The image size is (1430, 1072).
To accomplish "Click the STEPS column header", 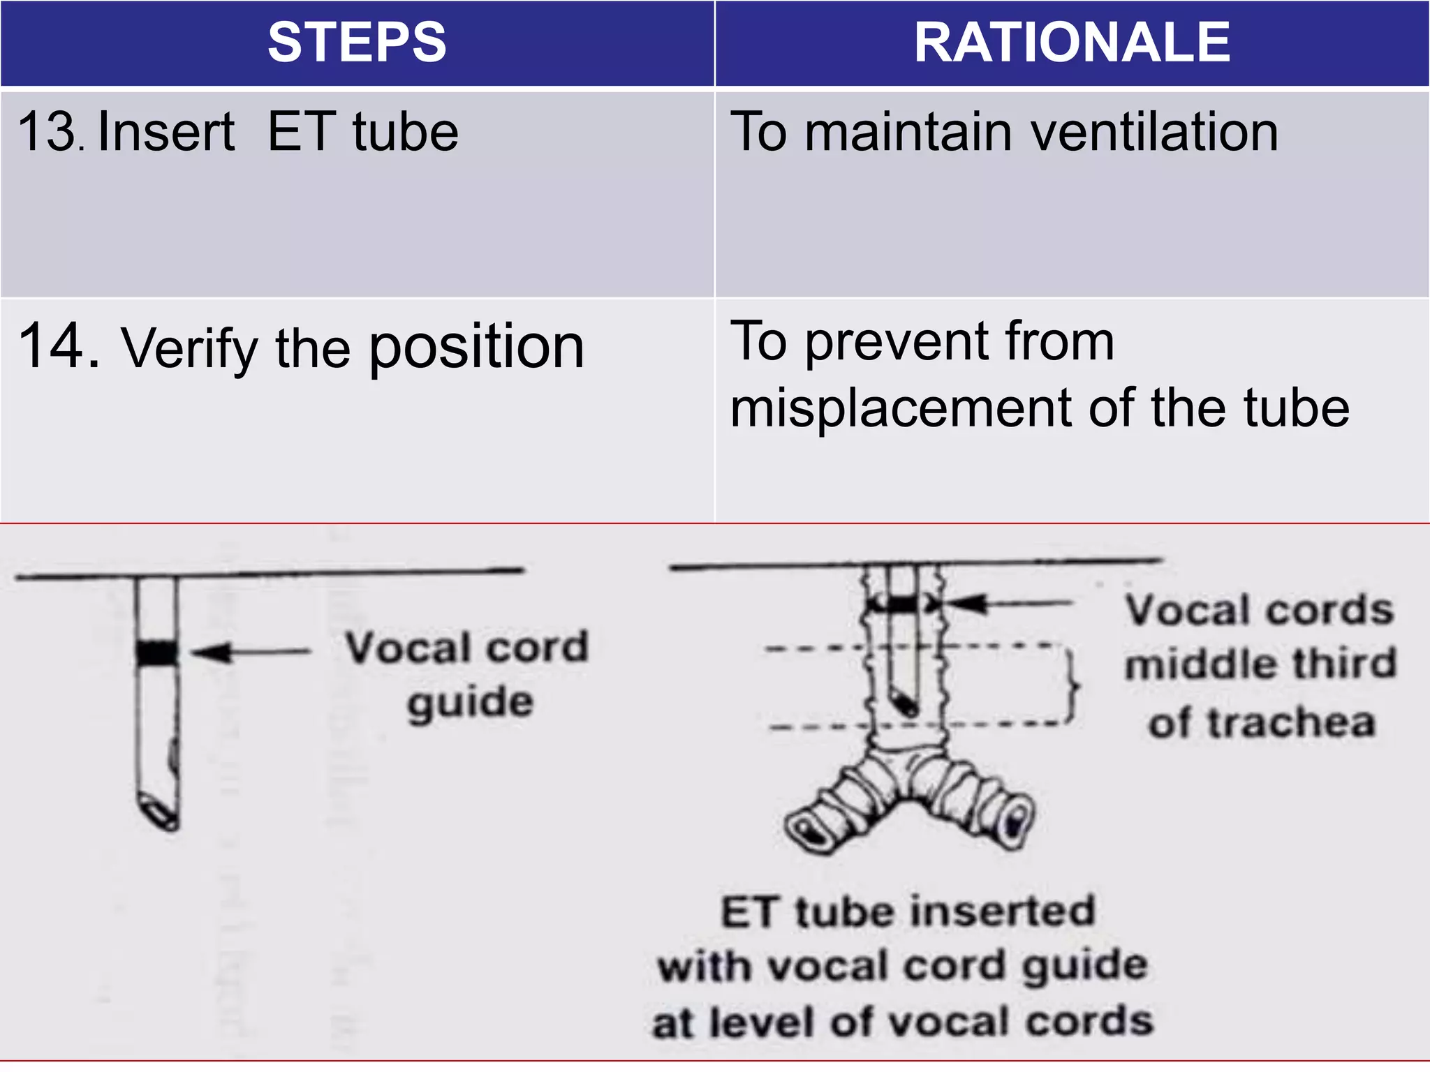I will click(357, 43).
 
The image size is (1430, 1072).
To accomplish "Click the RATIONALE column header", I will click(1072, 43).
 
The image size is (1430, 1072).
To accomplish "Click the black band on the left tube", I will click(157, 653).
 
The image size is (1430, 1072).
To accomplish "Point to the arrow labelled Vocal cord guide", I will click(250, 653).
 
